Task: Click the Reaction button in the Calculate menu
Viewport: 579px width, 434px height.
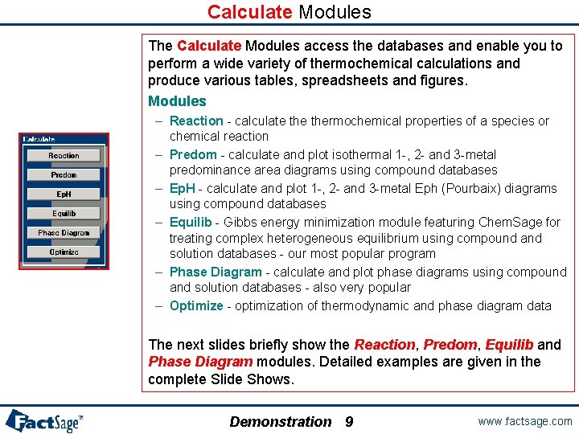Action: (64, 155)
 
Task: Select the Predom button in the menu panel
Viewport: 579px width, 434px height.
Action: (64, 174)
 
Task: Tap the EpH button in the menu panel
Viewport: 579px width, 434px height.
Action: (64, 194)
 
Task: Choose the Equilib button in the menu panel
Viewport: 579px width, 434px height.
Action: (64, 213)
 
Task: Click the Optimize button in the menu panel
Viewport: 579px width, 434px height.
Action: (64, 252)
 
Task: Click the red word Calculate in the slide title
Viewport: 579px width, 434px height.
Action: (250, 12)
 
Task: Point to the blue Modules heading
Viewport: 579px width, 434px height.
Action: (177, 101)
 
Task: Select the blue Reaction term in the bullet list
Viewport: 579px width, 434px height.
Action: (196, 121)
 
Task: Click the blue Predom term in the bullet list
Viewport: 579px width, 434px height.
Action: (193, 154)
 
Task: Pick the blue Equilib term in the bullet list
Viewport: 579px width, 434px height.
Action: (191, 222)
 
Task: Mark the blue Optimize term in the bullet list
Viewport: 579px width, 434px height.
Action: (196, 305)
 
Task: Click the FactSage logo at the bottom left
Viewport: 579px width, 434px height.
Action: (44, 420)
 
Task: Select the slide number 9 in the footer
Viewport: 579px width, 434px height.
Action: (349, 421)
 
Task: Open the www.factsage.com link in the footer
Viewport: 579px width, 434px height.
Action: (524, 421)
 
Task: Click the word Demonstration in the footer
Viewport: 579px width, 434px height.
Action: (280, 421)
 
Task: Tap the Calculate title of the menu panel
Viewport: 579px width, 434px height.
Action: (39, 139)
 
